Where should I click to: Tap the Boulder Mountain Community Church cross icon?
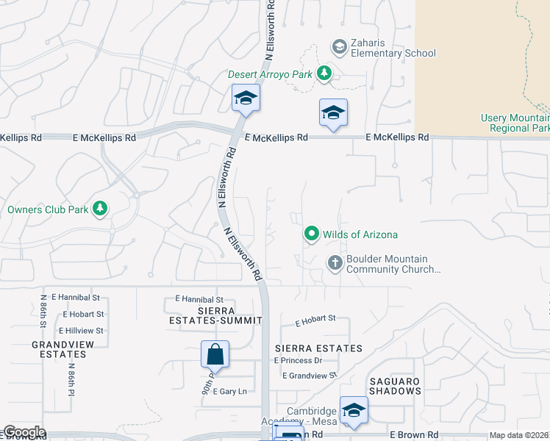point(335,263)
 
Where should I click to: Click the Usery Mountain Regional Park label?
point(515,123)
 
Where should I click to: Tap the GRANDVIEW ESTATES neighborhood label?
point(59,348)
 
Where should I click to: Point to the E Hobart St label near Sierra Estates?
point(315,320)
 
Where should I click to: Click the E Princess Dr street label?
point(298,360)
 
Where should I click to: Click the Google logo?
point(24,433)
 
